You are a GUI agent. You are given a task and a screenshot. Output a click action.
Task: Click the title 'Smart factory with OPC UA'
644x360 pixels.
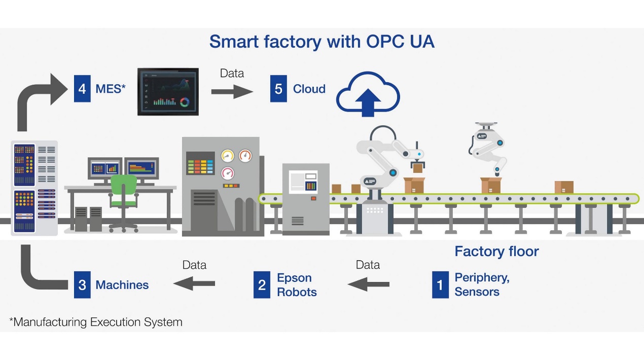point(321,42)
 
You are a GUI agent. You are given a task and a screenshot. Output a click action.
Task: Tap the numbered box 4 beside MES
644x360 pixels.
point(82,89)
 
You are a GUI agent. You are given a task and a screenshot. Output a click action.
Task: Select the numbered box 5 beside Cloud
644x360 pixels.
point(278,89)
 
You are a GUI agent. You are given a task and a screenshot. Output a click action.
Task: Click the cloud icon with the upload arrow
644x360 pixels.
point(368,94)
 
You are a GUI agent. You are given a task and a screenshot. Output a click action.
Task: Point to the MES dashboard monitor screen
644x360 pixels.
point(168,92)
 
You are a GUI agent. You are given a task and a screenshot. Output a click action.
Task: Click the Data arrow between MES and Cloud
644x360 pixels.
point(232,91)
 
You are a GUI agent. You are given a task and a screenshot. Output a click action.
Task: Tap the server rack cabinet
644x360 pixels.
point(34,188)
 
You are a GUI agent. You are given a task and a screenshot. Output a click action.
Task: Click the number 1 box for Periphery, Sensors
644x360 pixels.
point(440,284)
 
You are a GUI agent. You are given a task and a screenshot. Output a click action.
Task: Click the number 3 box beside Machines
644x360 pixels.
point(82,284)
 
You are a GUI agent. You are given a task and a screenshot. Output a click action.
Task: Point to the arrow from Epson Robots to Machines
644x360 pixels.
point(194,283)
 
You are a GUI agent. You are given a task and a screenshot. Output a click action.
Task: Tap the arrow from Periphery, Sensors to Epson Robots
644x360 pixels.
point(369,283)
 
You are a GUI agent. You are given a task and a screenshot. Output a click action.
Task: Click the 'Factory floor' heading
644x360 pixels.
point(496,251)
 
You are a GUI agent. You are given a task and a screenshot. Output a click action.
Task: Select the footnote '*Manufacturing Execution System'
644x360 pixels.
point(96,322)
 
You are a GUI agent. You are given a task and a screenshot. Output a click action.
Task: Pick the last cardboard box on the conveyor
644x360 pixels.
point(564,187)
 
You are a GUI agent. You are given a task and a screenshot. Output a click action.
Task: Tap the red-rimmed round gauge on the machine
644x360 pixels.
point(245,155)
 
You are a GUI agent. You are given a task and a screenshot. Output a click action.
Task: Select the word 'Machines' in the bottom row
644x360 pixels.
point(122,284)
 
